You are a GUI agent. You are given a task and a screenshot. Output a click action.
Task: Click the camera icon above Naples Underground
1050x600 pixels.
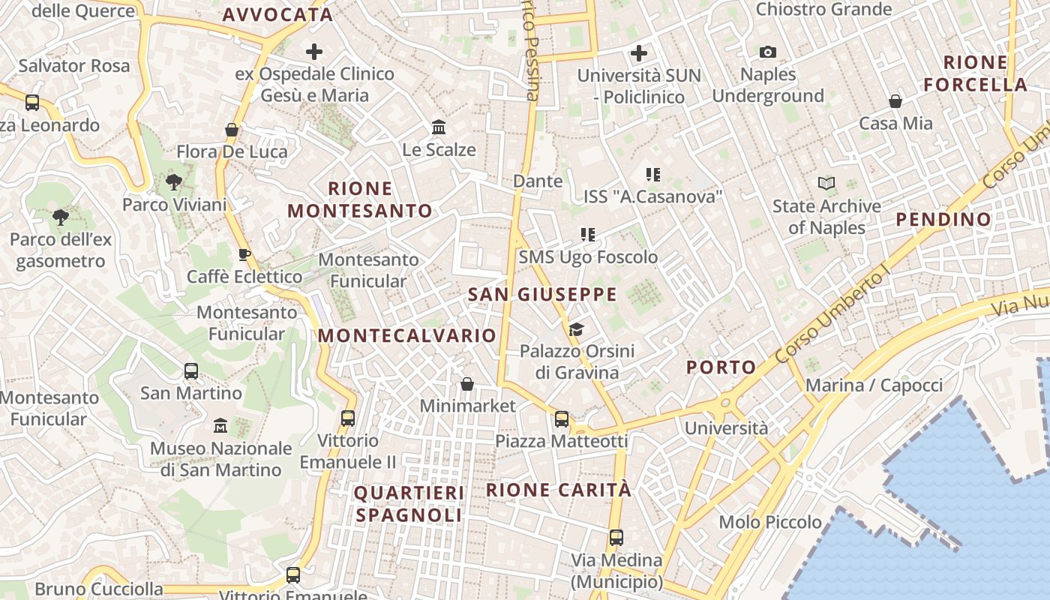[x=767, y=52]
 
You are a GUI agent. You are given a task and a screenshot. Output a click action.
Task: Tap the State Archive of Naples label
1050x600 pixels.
[x=826, y=217]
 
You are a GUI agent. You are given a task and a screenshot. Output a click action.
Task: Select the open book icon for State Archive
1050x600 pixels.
[x=826, y=183]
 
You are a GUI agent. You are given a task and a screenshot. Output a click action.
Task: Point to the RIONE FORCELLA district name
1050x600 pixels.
[x=975, y=73]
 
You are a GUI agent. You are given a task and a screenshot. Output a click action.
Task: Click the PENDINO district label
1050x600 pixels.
[x=943, y=220]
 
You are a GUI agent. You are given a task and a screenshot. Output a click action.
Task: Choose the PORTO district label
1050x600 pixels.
[x=721, y=367]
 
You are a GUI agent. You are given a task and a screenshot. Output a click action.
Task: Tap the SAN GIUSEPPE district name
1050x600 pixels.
[x=542, y=295]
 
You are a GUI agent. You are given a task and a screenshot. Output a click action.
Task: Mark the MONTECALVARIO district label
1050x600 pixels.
[x=407, y=336]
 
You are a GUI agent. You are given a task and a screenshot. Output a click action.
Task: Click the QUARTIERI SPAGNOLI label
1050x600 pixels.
[x=409, y=504]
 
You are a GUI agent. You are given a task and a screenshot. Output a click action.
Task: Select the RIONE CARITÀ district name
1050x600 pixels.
[x=559, y=490]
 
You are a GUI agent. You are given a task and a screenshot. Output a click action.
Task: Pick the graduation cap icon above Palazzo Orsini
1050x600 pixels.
[x=576, y=329]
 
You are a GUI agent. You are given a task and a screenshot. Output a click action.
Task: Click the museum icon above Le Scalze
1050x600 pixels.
[x=439, y=127]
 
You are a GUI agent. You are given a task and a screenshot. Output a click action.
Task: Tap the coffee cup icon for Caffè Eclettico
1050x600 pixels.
[x=244, y=254]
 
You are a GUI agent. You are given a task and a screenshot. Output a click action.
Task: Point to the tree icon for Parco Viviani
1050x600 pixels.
[x=174, y=181]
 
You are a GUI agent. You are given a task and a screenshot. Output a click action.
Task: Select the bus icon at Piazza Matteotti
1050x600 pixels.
[x=561, y=419]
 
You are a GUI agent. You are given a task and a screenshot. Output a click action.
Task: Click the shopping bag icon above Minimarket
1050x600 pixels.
[x=467, y=384]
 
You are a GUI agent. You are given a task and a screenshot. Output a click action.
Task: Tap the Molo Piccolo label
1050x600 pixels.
[x=769, y=522]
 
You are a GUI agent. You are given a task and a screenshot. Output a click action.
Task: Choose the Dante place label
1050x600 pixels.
[x=538, y=181]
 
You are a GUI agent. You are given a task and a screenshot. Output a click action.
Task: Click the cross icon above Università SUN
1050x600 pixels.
[x=639, y=53]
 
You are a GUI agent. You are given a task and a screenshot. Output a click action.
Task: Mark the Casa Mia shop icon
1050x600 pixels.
[x=895, y=100]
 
